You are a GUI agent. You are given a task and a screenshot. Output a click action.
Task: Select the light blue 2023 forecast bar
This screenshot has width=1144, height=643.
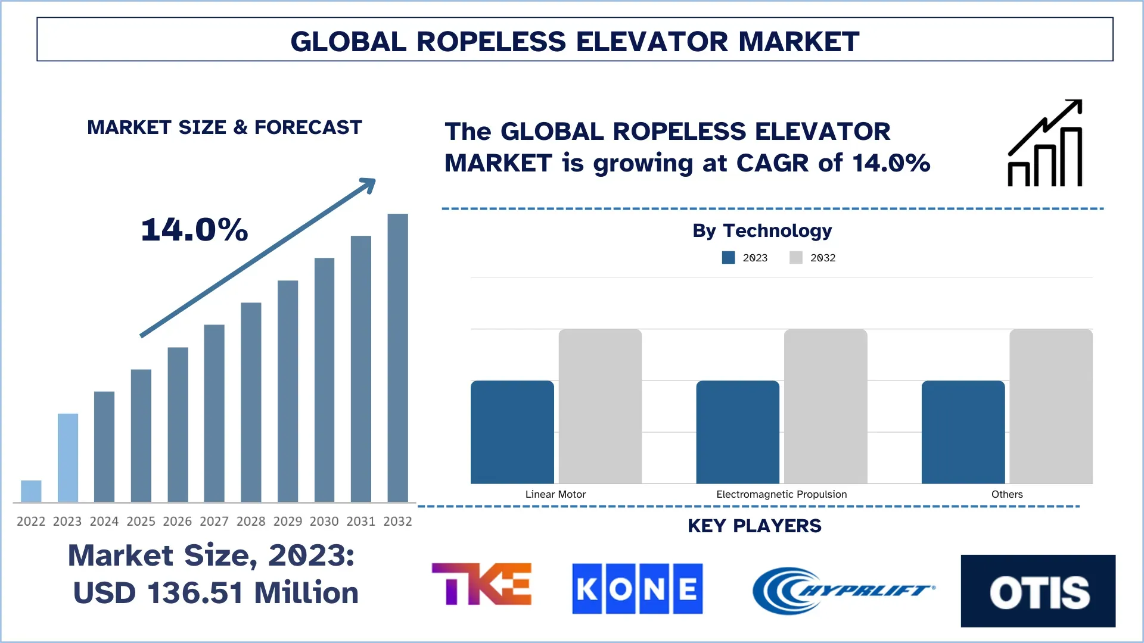click(67, 457)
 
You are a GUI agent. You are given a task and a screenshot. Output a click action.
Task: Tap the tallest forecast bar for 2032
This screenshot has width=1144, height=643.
click(397, 357)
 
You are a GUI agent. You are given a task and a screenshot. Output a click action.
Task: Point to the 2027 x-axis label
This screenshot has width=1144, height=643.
click(214, 522)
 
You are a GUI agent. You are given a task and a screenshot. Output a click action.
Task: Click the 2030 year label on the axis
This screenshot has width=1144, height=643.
click(324, 522)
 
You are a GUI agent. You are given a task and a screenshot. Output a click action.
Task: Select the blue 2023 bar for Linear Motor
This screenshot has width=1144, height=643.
click(512, 432)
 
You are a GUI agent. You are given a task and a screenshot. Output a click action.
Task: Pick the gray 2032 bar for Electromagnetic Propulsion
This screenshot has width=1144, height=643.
click(825, 406)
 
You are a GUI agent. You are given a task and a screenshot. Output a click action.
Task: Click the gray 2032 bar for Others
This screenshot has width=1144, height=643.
click(1050, 406)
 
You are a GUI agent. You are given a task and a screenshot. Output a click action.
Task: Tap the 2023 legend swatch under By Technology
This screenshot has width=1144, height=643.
click(728, 258)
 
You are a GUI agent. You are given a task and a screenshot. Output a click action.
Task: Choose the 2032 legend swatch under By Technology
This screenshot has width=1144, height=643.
click(795, 258)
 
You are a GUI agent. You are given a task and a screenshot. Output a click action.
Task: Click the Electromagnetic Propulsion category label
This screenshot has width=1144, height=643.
click(781, 494)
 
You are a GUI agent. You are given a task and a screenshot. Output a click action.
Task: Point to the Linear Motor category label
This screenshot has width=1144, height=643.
click(555, 494)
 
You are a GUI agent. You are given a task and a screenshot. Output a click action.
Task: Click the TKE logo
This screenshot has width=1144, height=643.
click(481, 584)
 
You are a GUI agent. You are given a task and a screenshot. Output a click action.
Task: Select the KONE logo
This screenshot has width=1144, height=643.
click(637, 588)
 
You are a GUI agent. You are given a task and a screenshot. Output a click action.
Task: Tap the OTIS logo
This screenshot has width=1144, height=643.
click(1038, 591)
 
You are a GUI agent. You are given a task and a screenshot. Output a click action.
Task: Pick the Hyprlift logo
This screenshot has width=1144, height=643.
click(843, 590)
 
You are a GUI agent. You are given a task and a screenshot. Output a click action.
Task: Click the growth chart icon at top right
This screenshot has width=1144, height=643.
click(1045, 143)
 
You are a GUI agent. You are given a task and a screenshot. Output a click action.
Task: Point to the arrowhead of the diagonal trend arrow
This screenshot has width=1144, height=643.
click(369, 184)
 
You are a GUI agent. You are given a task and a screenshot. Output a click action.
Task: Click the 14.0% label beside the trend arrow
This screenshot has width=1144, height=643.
click(194, 230)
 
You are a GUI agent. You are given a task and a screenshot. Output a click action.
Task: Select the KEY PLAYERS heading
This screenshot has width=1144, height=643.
click(754, 526)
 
